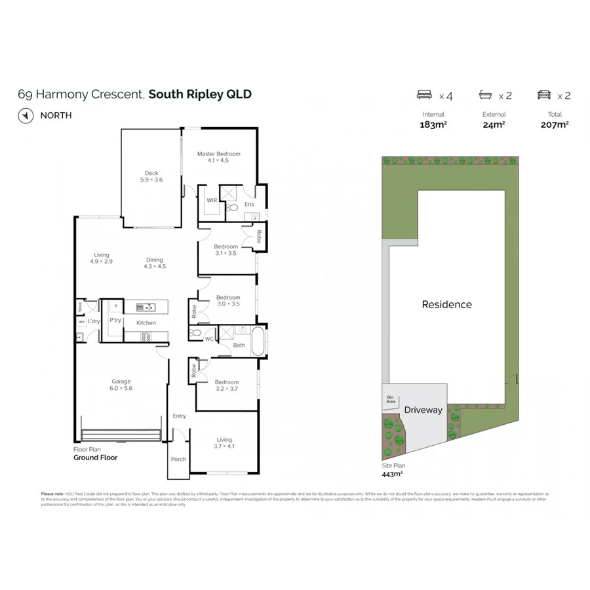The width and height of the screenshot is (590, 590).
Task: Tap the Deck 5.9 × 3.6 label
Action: click(x=151, y=176)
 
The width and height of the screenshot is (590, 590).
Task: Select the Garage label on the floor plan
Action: click(x=121, y=385)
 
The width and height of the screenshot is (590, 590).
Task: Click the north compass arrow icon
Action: click(x=26, y=115)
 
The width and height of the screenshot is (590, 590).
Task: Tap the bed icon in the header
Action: click(x=425, y=95)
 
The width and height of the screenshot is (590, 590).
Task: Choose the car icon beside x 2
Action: click(x=544, y=95)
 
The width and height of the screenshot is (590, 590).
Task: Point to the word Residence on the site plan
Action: click(x=446, y=304)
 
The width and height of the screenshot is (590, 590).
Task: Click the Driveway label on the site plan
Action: click(x=423, y=410)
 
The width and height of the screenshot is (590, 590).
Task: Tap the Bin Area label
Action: click(x=391, y=399)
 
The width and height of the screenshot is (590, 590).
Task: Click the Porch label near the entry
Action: click(x=178, y=459)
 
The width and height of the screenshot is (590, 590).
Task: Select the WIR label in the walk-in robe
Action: click(x=212, y=201)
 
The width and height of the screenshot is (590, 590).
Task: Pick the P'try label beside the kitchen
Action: click(x=115, y=320)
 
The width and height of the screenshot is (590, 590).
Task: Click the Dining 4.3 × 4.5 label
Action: click(x=155, y=263)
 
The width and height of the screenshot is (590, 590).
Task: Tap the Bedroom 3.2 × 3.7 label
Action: click(x=227, y=385)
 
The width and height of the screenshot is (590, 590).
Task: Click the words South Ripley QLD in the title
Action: click(x=200, y=94)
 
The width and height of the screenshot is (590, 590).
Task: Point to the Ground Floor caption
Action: click(x=95, y=458)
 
